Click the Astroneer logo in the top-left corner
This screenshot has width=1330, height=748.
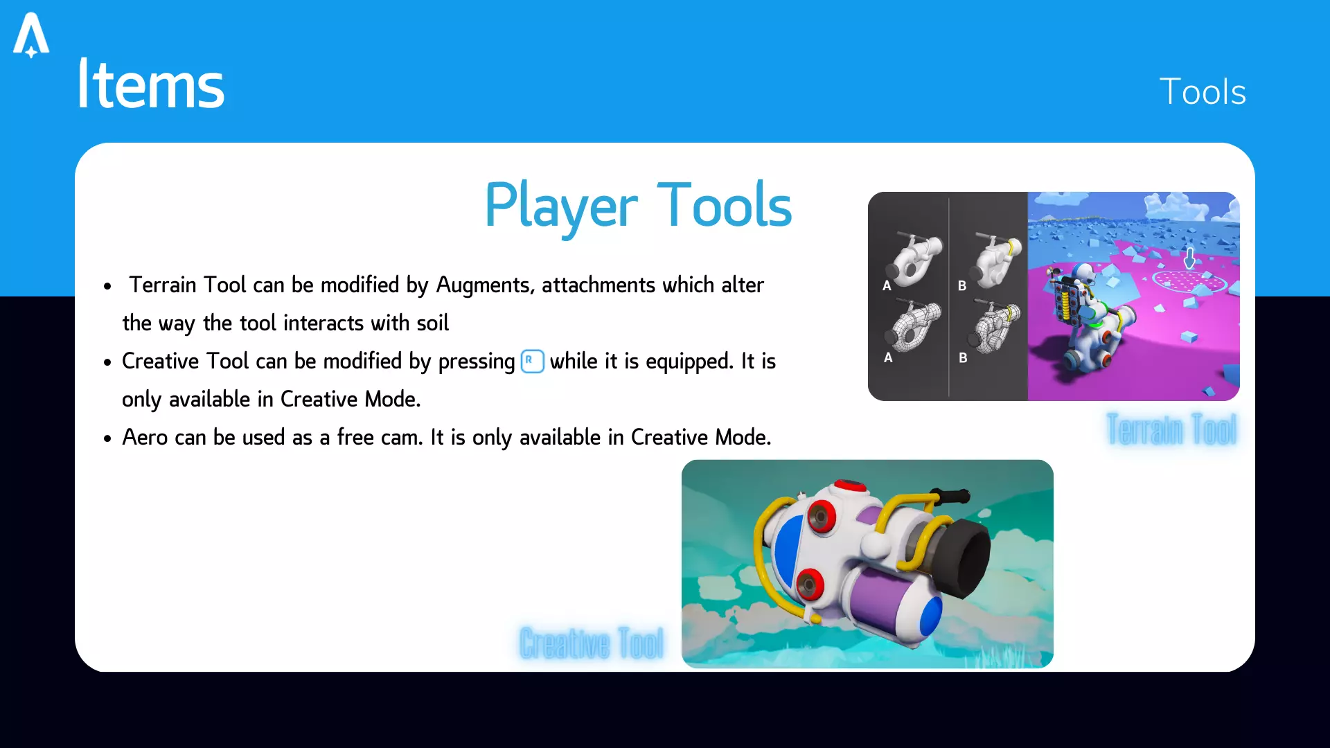click(31, 35)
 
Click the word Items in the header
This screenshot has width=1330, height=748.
click(151, 84)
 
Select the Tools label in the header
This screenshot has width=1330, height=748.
click(1203, 91)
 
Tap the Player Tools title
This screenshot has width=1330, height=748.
click(638, 205)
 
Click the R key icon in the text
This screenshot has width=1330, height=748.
click(532, 361)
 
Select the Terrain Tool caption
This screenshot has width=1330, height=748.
click(1171, 429)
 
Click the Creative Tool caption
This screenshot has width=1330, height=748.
click(592, 643)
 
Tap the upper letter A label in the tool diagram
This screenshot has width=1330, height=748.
click(887, 285)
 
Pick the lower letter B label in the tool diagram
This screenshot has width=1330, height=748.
click(963, 358)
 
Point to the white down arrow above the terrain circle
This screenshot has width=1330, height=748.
click(1189, 258)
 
